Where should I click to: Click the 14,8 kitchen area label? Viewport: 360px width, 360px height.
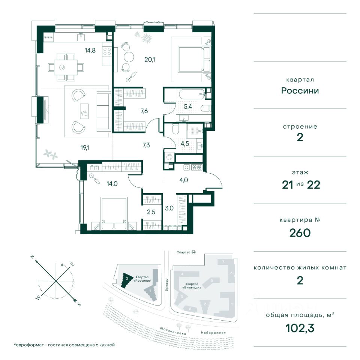90,50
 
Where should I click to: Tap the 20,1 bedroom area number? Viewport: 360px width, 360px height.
150,60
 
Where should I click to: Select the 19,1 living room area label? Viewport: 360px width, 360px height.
84,148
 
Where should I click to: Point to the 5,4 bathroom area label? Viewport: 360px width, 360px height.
188,106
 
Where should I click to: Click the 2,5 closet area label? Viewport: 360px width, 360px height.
151,212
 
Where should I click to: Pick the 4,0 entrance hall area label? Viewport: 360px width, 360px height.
184,180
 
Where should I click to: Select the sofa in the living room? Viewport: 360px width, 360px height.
104,111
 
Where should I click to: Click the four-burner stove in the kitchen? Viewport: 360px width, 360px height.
107,51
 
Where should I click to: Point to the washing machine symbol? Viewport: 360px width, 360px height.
169,157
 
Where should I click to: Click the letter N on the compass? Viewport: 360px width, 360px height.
33,257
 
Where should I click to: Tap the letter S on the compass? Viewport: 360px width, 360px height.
79,304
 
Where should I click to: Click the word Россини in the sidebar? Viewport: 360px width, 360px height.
300,91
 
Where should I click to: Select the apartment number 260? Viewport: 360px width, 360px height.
300,233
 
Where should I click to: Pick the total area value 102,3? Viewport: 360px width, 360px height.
300,328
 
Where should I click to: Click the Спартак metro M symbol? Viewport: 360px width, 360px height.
193,252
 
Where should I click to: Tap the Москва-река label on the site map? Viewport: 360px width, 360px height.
173,331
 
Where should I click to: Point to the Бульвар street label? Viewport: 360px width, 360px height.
166,285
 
